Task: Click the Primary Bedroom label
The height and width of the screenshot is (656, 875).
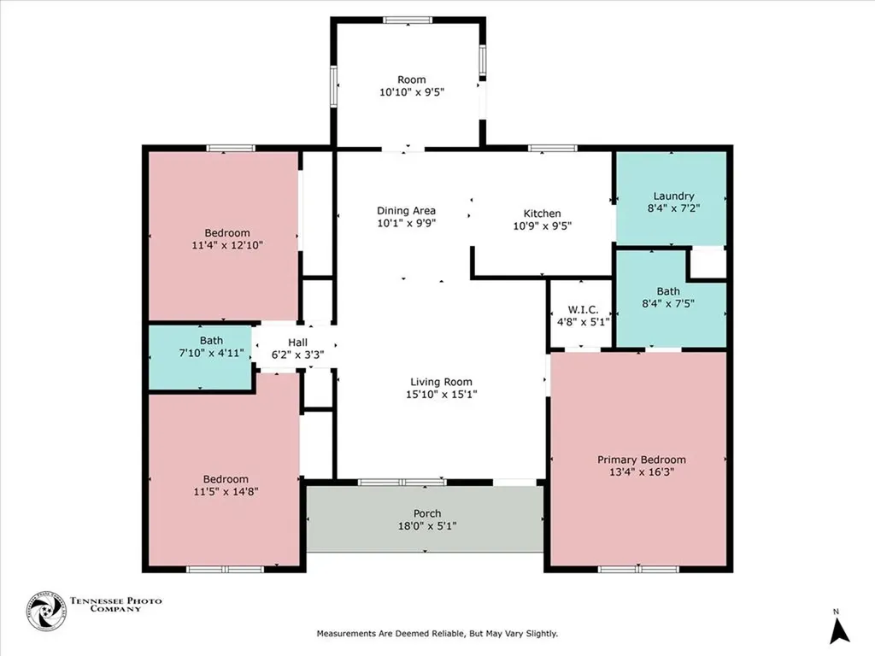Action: [641, 460]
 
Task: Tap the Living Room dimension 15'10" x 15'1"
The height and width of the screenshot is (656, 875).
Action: [441, 395]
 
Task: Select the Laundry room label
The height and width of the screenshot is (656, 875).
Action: [673, 196]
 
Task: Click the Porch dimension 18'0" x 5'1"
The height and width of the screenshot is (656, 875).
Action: [428, 526]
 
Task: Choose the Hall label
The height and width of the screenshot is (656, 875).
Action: [297, 342]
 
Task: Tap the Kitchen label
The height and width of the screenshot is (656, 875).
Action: [542, 214]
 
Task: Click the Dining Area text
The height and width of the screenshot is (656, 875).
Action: [407, 211]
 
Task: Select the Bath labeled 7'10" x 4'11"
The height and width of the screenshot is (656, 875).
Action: [199, 341]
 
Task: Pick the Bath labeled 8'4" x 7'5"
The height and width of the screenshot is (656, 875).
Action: [668, 291]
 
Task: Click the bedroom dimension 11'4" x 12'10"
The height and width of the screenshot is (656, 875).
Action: [226, 245]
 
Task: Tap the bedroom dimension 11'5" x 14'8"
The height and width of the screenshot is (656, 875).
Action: [226, 491]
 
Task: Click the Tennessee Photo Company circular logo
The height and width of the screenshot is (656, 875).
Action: [46, 612]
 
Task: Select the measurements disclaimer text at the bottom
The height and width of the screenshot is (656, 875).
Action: [437, 634]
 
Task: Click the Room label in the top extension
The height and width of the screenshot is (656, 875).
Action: [412, 79]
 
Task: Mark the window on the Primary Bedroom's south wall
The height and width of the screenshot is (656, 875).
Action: [639, 569]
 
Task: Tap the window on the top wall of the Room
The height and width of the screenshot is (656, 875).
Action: [407, 20]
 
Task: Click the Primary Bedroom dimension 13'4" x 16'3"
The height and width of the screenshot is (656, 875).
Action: [641, 472]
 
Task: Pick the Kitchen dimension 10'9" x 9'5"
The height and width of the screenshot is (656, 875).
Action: [542, 226]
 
